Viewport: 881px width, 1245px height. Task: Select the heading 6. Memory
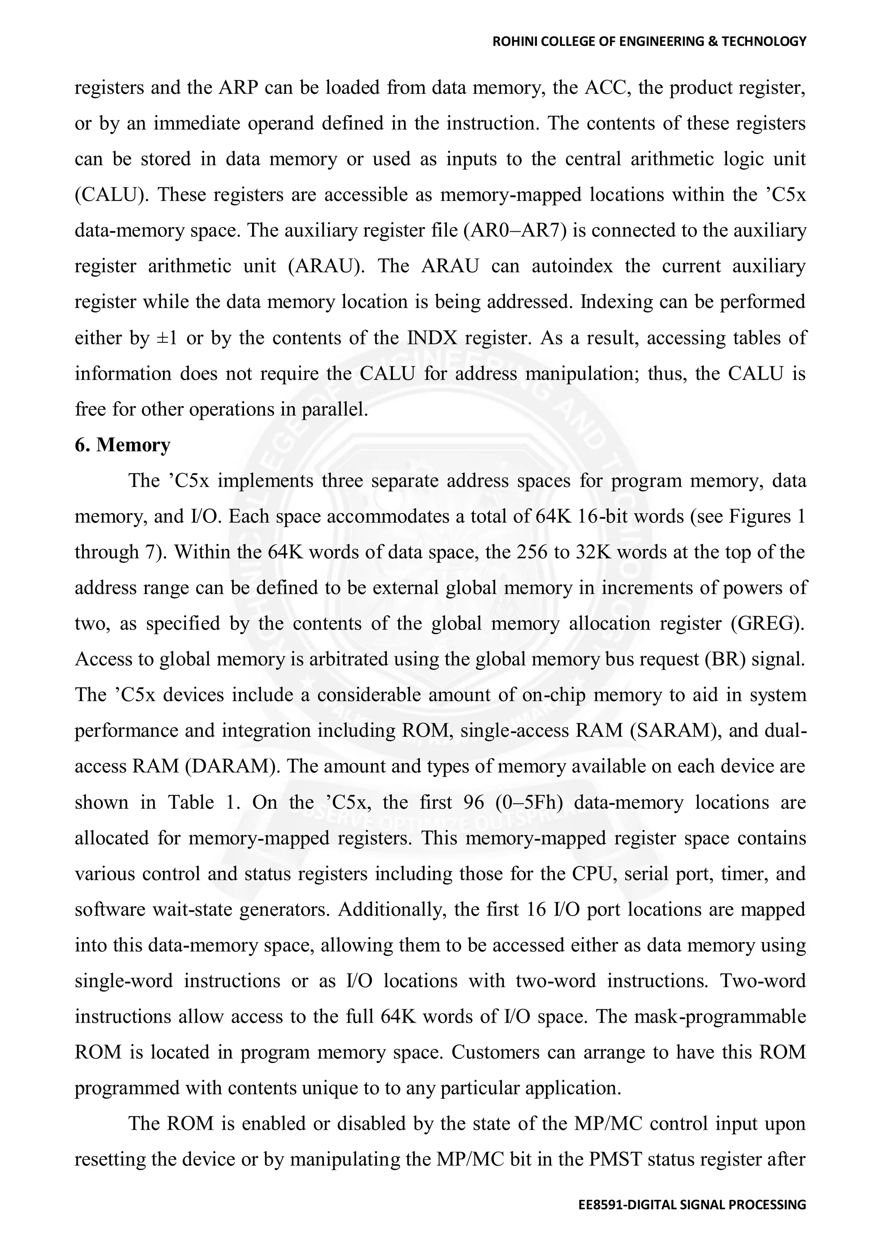(122, 445)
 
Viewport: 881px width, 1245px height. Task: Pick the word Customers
(493, 1052)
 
